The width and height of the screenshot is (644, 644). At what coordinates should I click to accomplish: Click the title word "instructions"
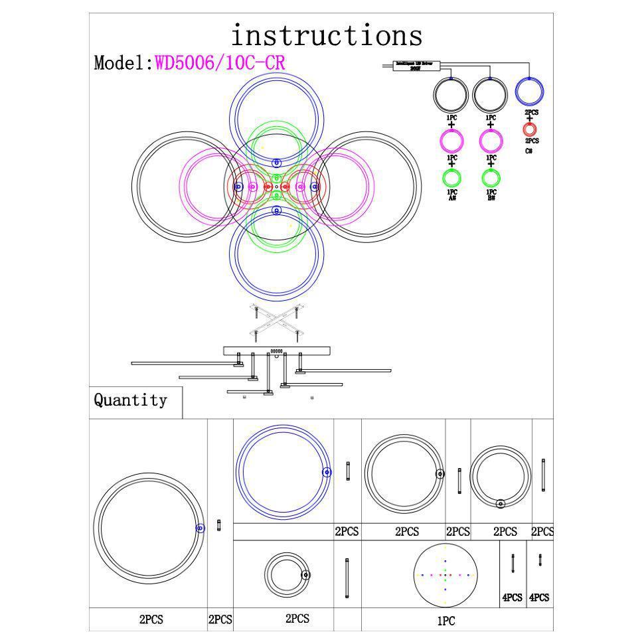point(326,35)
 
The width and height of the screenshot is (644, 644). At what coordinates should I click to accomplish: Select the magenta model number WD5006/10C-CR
point(220,63)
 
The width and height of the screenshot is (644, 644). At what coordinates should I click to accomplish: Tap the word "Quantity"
point(130,400)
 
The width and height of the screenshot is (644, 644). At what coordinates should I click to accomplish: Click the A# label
point(451,198)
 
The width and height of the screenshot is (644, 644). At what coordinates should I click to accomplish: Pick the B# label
point(491,198)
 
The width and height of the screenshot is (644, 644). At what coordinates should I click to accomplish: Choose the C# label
point(529,151)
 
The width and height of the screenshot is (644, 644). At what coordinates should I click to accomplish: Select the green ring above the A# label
point(451,178)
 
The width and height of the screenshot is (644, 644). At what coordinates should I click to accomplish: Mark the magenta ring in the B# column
point(490,141)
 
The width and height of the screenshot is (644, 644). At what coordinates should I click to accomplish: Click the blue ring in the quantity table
point(283,471)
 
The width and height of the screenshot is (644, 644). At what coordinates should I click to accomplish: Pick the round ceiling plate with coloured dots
point(445,575)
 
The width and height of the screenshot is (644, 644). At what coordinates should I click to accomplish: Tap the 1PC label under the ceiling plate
point(446,621)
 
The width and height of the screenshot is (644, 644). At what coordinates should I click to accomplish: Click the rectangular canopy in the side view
point(276,350)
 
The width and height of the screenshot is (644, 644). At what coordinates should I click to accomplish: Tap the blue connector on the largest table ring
point(200,528)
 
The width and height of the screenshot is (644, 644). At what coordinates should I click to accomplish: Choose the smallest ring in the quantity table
point(287,575)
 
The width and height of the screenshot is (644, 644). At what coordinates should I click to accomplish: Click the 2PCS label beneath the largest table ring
point(151,619)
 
